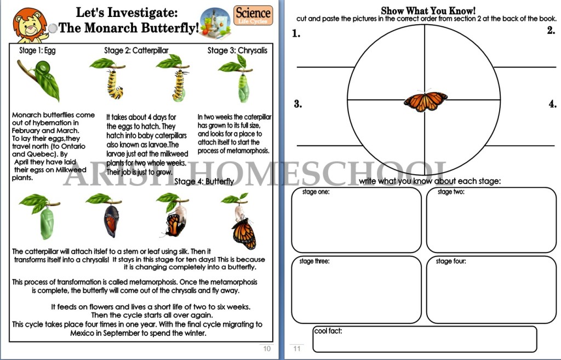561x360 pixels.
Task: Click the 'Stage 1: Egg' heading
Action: pos(37,50)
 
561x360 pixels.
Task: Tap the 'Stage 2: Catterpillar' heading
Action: pos(136,50)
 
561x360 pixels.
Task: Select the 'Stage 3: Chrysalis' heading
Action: pos(237,50)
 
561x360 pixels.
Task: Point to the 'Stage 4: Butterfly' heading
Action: pos(204,181)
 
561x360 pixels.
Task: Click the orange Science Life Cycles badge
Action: pos(253,15)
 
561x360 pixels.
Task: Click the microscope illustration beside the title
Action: pos(215,23)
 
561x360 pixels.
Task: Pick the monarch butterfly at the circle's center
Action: pos(425,101)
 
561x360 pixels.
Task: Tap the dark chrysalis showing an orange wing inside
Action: pos(111,221)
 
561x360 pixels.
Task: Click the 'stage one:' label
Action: pos(316,192)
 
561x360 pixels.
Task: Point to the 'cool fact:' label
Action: pos(328,331)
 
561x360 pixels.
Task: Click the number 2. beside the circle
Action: pos(551,31)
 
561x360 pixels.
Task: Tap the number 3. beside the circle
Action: pos(297,104)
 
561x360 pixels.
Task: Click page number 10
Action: pos(267,348)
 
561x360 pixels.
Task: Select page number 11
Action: pos(297,348)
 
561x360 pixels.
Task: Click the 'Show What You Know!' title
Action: pos(428,11)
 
